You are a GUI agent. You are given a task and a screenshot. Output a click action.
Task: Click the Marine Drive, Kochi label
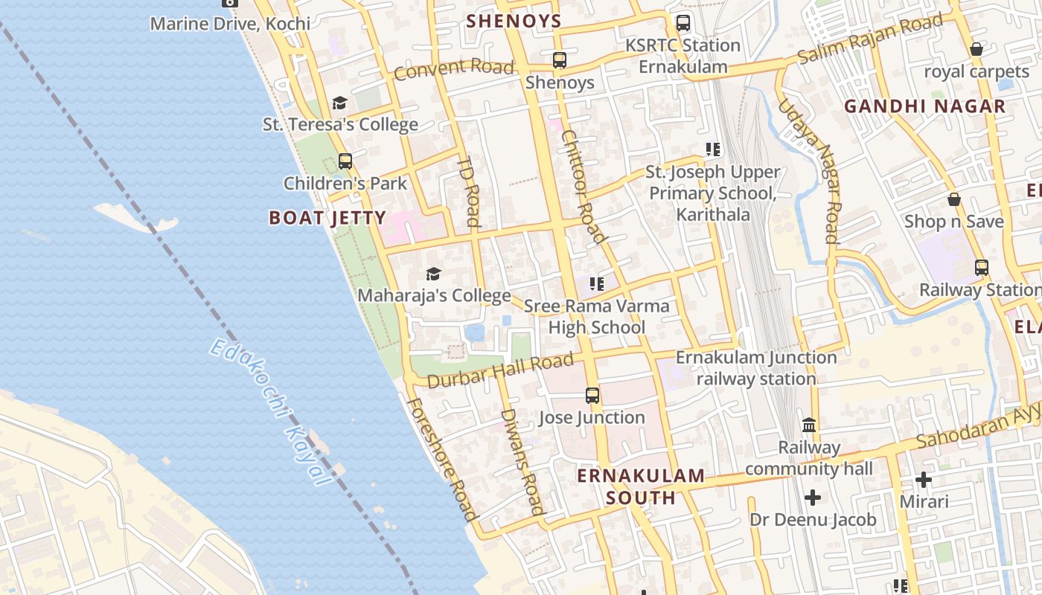[230, 23]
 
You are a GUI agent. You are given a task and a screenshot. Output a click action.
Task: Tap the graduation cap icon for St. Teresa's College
[339, 103]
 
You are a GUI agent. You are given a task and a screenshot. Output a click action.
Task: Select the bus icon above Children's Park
[345, 161]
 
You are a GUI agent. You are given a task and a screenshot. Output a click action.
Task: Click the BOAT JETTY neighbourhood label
[327, 218]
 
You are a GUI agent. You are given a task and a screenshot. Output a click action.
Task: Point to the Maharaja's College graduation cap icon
[433, 274]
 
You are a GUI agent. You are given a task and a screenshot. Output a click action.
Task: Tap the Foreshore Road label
[441, 459]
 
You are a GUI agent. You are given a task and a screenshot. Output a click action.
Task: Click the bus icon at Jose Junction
[592, 396]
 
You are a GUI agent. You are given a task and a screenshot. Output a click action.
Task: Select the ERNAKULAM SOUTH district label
[641, 486]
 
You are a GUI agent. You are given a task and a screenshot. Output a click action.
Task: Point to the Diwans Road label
[522, 461]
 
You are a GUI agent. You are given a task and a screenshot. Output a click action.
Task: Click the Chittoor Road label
[582, 186]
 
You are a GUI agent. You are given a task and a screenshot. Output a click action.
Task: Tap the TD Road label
[469, 191]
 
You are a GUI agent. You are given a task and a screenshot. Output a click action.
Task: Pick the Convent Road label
[453, 68]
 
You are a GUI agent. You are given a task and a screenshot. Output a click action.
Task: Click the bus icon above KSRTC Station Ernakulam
[683, 23]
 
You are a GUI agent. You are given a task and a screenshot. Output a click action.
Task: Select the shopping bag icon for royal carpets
[976, 50]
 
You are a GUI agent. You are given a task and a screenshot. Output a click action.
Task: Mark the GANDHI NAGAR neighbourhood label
[924, 106]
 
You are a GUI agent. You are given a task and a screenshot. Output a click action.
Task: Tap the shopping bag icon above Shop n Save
[953, 199]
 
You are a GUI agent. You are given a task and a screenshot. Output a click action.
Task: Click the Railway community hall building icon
[809, 425]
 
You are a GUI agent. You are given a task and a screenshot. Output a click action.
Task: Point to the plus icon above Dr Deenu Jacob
[813, 497]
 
